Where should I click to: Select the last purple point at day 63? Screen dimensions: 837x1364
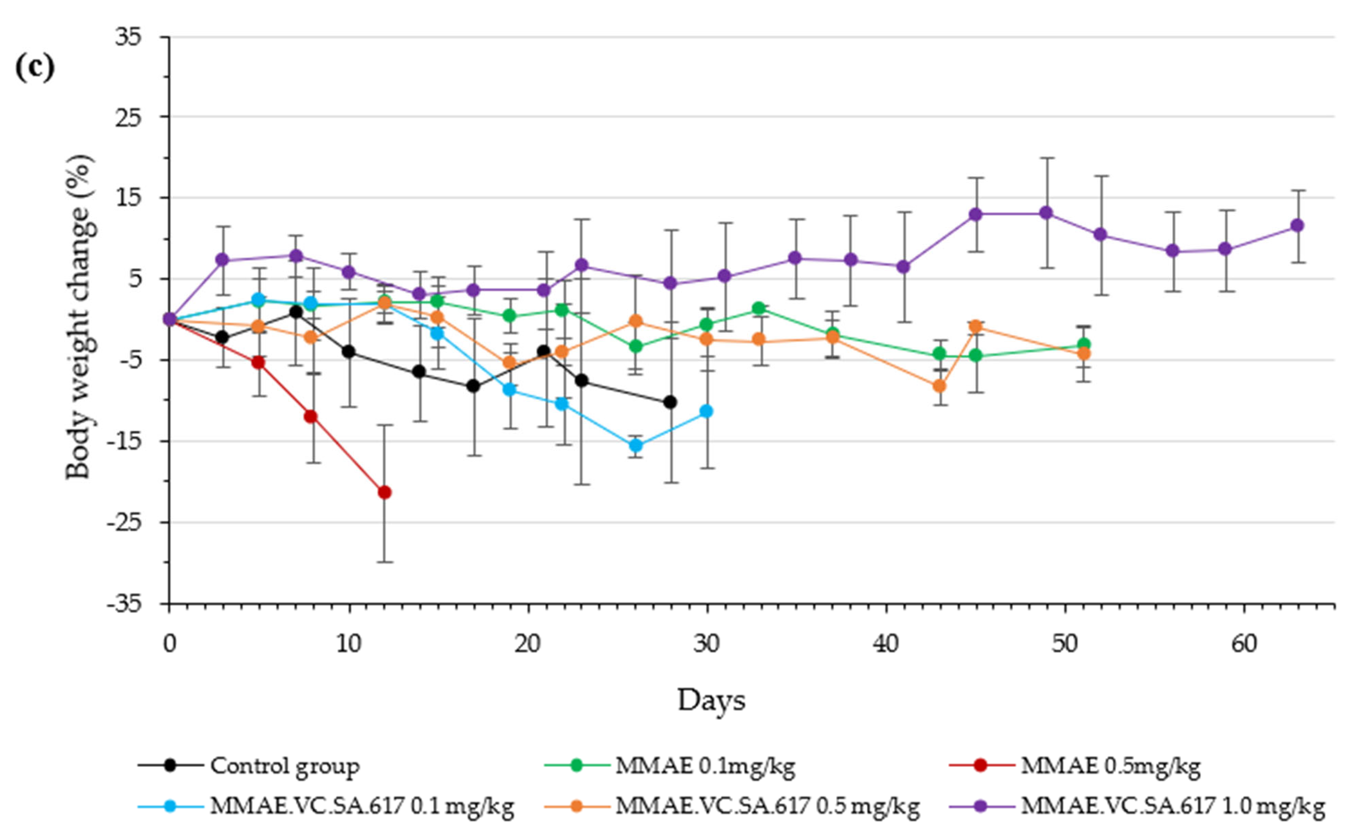click(x=1297, y=225)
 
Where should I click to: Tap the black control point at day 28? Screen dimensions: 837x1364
click(x=670, y=403)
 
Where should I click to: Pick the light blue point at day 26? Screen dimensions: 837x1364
click(x=636, y=445)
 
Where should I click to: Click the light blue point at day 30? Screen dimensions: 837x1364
click(x=706, y=411)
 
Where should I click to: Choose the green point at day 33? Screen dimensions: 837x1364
click(x=759, y=308)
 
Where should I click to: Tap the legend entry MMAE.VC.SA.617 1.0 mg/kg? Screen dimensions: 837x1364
click(x=1172, y=806)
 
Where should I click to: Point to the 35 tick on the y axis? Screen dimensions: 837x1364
click(x=131, y=37)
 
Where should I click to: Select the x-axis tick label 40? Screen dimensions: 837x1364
click(x=886, y=644)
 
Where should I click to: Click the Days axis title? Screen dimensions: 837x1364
click(x=711, y=700)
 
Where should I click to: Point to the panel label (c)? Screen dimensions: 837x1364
click(x=35, y=68)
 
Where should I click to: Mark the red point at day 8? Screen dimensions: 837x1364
click(x=311, y=416)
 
